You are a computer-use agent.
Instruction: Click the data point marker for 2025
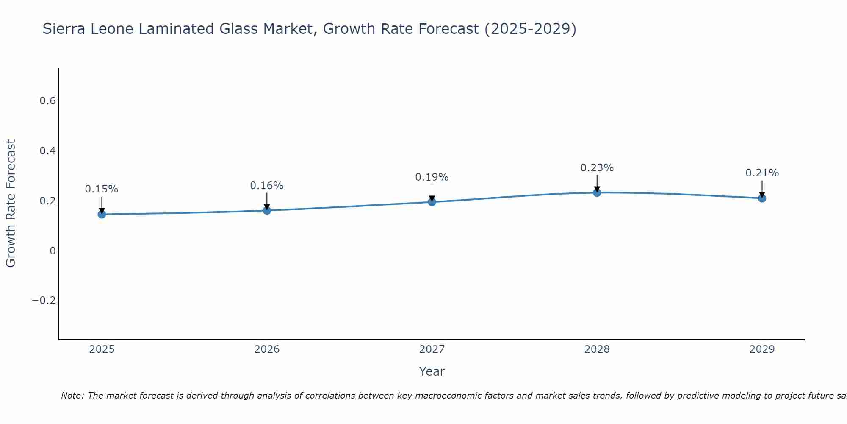pos(102,214)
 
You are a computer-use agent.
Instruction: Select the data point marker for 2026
pos(267,210)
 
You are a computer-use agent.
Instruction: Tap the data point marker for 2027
pos(432,202)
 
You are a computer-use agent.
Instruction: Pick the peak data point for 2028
pos(597,192)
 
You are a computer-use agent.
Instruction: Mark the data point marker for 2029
pos(762,198)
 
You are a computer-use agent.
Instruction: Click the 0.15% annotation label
pos(102,189)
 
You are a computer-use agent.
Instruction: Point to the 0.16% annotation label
pos(267,186)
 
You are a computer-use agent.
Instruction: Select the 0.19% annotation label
pos(432,177)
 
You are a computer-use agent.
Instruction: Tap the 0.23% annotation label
pos(597,168)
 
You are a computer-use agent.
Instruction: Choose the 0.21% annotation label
pos(762,173)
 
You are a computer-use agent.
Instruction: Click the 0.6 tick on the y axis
pos(47,101)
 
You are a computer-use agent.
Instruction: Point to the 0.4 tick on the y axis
pos(47,151)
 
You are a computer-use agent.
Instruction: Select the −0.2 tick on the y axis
pos(44,301)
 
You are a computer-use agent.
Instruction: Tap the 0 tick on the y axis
pos(53,251)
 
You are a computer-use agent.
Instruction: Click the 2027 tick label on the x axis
pos(432,349)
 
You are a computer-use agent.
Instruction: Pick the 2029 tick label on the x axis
pos(762,349)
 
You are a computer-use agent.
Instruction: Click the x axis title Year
pos(432,371)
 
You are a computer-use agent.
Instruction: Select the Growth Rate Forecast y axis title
pos(11,204)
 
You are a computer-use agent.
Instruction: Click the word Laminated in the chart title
pos(177,29)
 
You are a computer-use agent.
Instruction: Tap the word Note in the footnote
pos(72,396)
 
